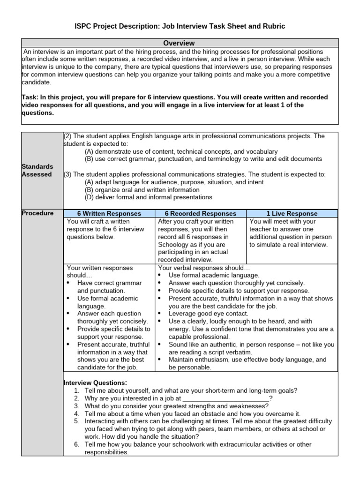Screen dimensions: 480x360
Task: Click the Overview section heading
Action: click(180, 43)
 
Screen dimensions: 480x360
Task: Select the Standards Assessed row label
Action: click(37, 171)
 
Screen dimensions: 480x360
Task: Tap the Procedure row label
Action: click(37, 213)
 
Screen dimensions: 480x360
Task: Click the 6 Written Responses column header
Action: click(110, 214)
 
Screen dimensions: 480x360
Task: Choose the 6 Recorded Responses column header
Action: click(201, 214)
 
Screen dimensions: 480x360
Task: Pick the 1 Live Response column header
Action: click(292, 214)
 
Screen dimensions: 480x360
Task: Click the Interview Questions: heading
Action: click(95, 382)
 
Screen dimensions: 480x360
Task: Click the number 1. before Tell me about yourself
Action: click(77, 390)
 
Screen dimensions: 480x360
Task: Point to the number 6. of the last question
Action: click(77, 444)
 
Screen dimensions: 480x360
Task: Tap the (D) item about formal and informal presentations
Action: click(149, 197)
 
